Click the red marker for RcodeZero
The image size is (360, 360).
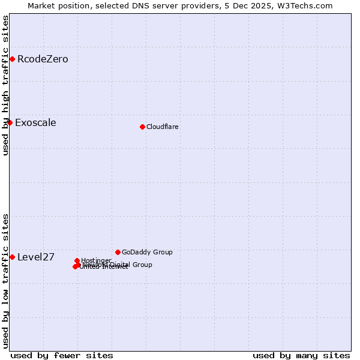click(12, 59)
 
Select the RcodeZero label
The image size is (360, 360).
click(43, 59)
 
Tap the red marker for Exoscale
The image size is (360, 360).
click(10, 122)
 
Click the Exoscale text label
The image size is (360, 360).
click(35, 123)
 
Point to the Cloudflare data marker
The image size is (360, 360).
click(142, 127)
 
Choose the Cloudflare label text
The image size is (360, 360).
click(162, 127)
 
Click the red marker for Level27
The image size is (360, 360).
click(12, 257)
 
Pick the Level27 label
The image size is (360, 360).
click(36, 257)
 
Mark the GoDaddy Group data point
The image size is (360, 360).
click(118, 252)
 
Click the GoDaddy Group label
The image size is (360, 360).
click(147, 252)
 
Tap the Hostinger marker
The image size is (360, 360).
click(77, 260)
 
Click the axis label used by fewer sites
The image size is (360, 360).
click(62, 355)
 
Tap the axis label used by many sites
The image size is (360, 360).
click(301, 355)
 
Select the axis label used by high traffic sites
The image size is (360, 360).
click(5, 85)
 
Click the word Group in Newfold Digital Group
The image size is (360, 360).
click(142, 265)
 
